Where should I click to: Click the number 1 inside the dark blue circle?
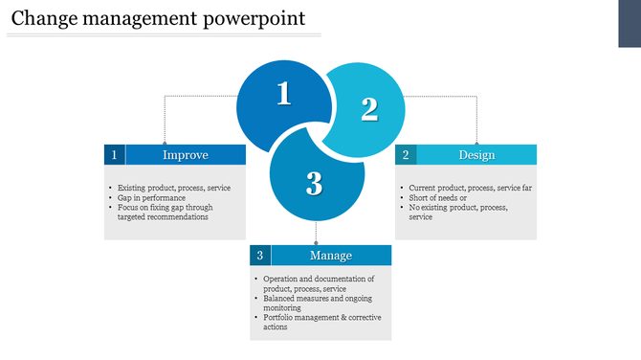pos(283,94)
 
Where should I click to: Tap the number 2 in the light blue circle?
pos(369,110)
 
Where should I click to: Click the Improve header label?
pos(186,155)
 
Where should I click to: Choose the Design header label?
pos(476,155)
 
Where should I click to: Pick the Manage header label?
pos(331,256)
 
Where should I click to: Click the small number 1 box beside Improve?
pos(115,155)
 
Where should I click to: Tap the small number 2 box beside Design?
pos(406,155)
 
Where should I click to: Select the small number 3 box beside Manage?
pos(260,256)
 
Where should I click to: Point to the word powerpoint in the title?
pos(256,18)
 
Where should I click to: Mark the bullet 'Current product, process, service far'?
pos(470,188)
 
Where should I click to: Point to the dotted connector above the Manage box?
pos(316,234)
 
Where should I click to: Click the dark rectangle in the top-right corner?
pos(629,23)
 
